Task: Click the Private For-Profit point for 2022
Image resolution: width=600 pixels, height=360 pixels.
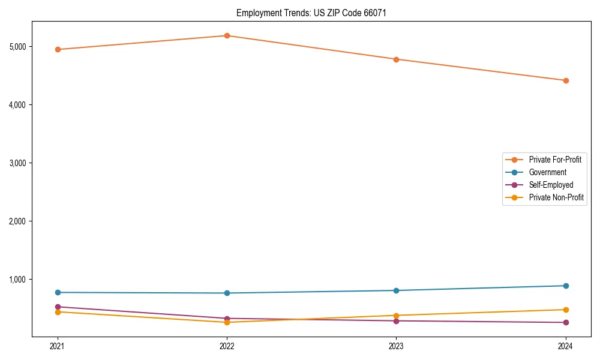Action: [227, 35]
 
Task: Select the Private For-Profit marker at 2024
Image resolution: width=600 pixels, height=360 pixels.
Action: [566, 80]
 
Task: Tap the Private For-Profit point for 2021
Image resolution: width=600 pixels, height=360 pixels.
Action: [58, 49]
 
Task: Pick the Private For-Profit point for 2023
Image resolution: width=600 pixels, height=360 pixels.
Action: [396, 59]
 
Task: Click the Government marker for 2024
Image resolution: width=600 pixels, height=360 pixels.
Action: [566, 286]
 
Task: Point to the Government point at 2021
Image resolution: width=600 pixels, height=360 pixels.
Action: [58, 292]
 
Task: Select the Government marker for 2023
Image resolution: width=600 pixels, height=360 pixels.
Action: [396, 290]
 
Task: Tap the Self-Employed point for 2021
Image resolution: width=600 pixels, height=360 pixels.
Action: [58, 307]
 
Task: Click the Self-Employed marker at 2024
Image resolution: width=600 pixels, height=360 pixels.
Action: [566, 322]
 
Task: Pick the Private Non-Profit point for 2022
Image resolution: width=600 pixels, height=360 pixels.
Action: [227, 322]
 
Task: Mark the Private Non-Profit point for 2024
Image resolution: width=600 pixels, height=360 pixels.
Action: [566, 310]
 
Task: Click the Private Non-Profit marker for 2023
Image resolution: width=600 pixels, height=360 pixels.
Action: [396, 315]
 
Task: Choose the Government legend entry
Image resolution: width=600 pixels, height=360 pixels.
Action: [547, 172]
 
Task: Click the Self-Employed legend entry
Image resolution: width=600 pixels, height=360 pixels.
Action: [551, 185]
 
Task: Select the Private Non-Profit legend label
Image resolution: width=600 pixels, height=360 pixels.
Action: [556, 197]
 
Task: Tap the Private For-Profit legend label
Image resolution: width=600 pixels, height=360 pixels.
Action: [555, 160]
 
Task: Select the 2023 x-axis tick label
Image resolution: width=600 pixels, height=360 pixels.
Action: [396, 346]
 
